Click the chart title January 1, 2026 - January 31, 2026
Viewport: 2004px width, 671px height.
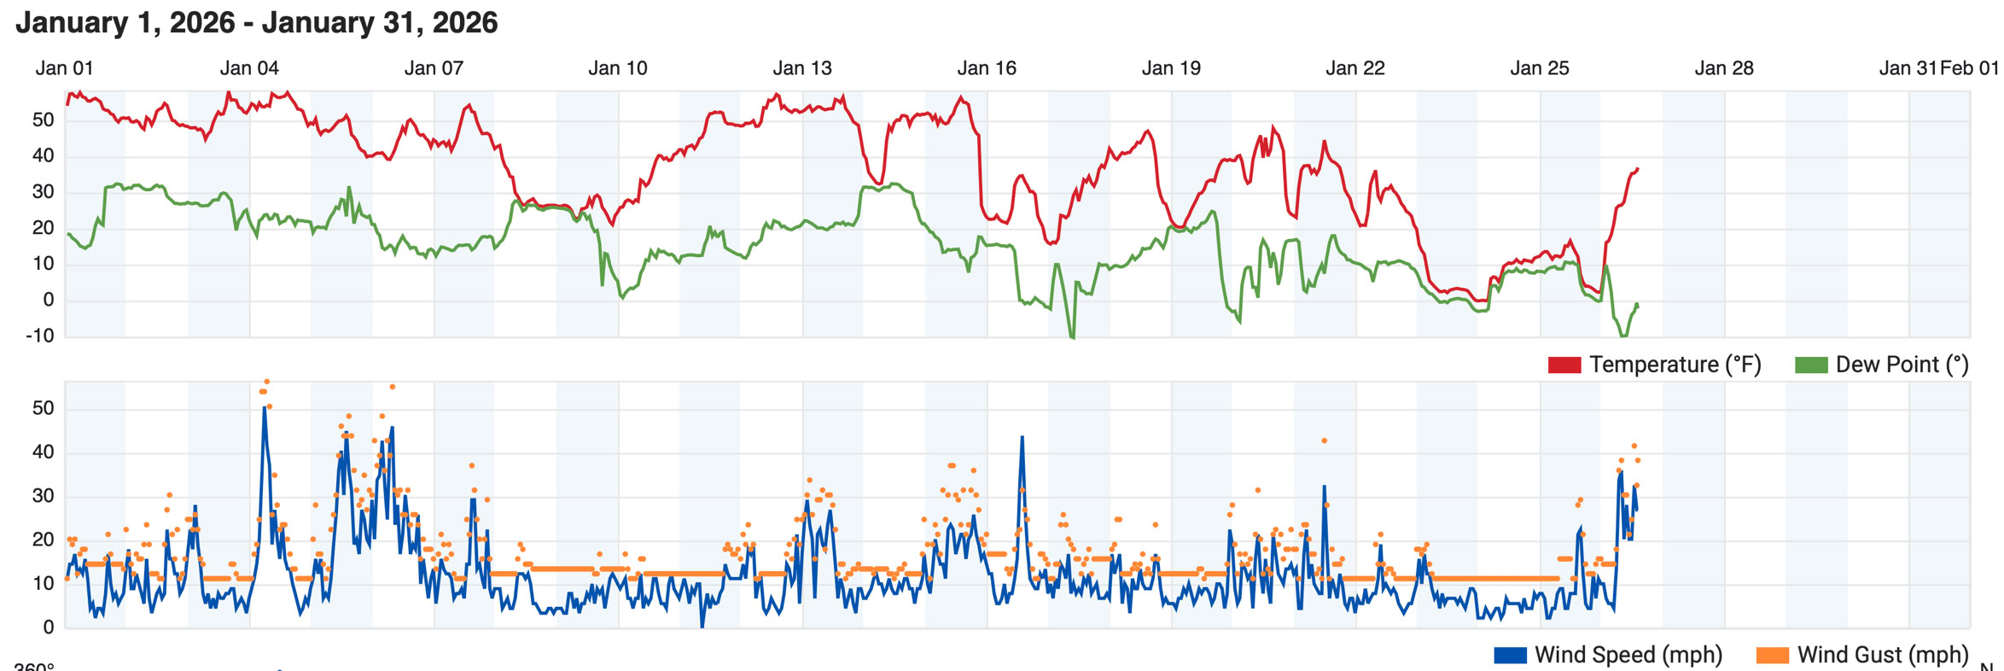pyautogui.click(x=256, y=23)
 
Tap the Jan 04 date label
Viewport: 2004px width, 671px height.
pyautogui.click(x=249, y=68)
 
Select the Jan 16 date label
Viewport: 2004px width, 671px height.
pyautogui.click(x=987, y=68)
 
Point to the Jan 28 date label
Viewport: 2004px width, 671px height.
pyautogui.click(x=1724, y=68)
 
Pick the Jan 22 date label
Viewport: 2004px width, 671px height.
pyautogui.click(x=1355, y=68)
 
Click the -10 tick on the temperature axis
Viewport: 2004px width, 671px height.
pyautogui.click(x=40, y=335)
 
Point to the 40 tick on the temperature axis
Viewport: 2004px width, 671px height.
pyautogui.click(x=43, y=155)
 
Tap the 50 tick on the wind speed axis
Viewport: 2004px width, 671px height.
pyautogui.click(x=43, y=408)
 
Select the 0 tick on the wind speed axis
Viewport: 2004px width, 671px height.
pyautogui.click(x=49, y=627)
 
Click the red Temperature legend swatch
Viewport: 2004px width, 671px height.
pyautogui.click(x=1564, y=365)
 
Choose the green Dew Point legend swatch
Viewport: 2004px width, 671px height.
pyautogui.click(x=1811, y=365)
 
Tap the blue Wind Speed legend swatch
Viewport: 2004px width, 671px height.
pyautogui.click(x=1510, y=656)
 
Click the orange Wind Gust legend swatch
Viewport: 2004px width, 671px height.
pyautogui.click(x=1773, y=656)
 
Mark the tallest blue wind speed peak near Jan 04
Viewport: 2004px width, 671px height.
pyautogui.click(x=265, y=408)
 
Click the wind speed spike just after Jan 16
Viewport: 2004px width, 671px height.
pyautogui.click(x=1022, y=437)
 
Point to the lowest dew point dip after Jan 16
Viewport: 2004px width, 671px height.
pyautogui.click(x=1072, y=337)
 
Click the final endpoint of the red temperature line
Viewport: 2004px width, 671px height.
pyautogui.click(x=1637, y=168)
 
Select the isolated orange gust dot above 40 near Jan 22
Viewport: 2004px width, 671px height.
pyautogui.click(x=1324, y=441)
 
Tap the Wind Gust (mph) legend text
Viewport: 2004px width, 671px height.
pyautogui.click(x=1883, y=655)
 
